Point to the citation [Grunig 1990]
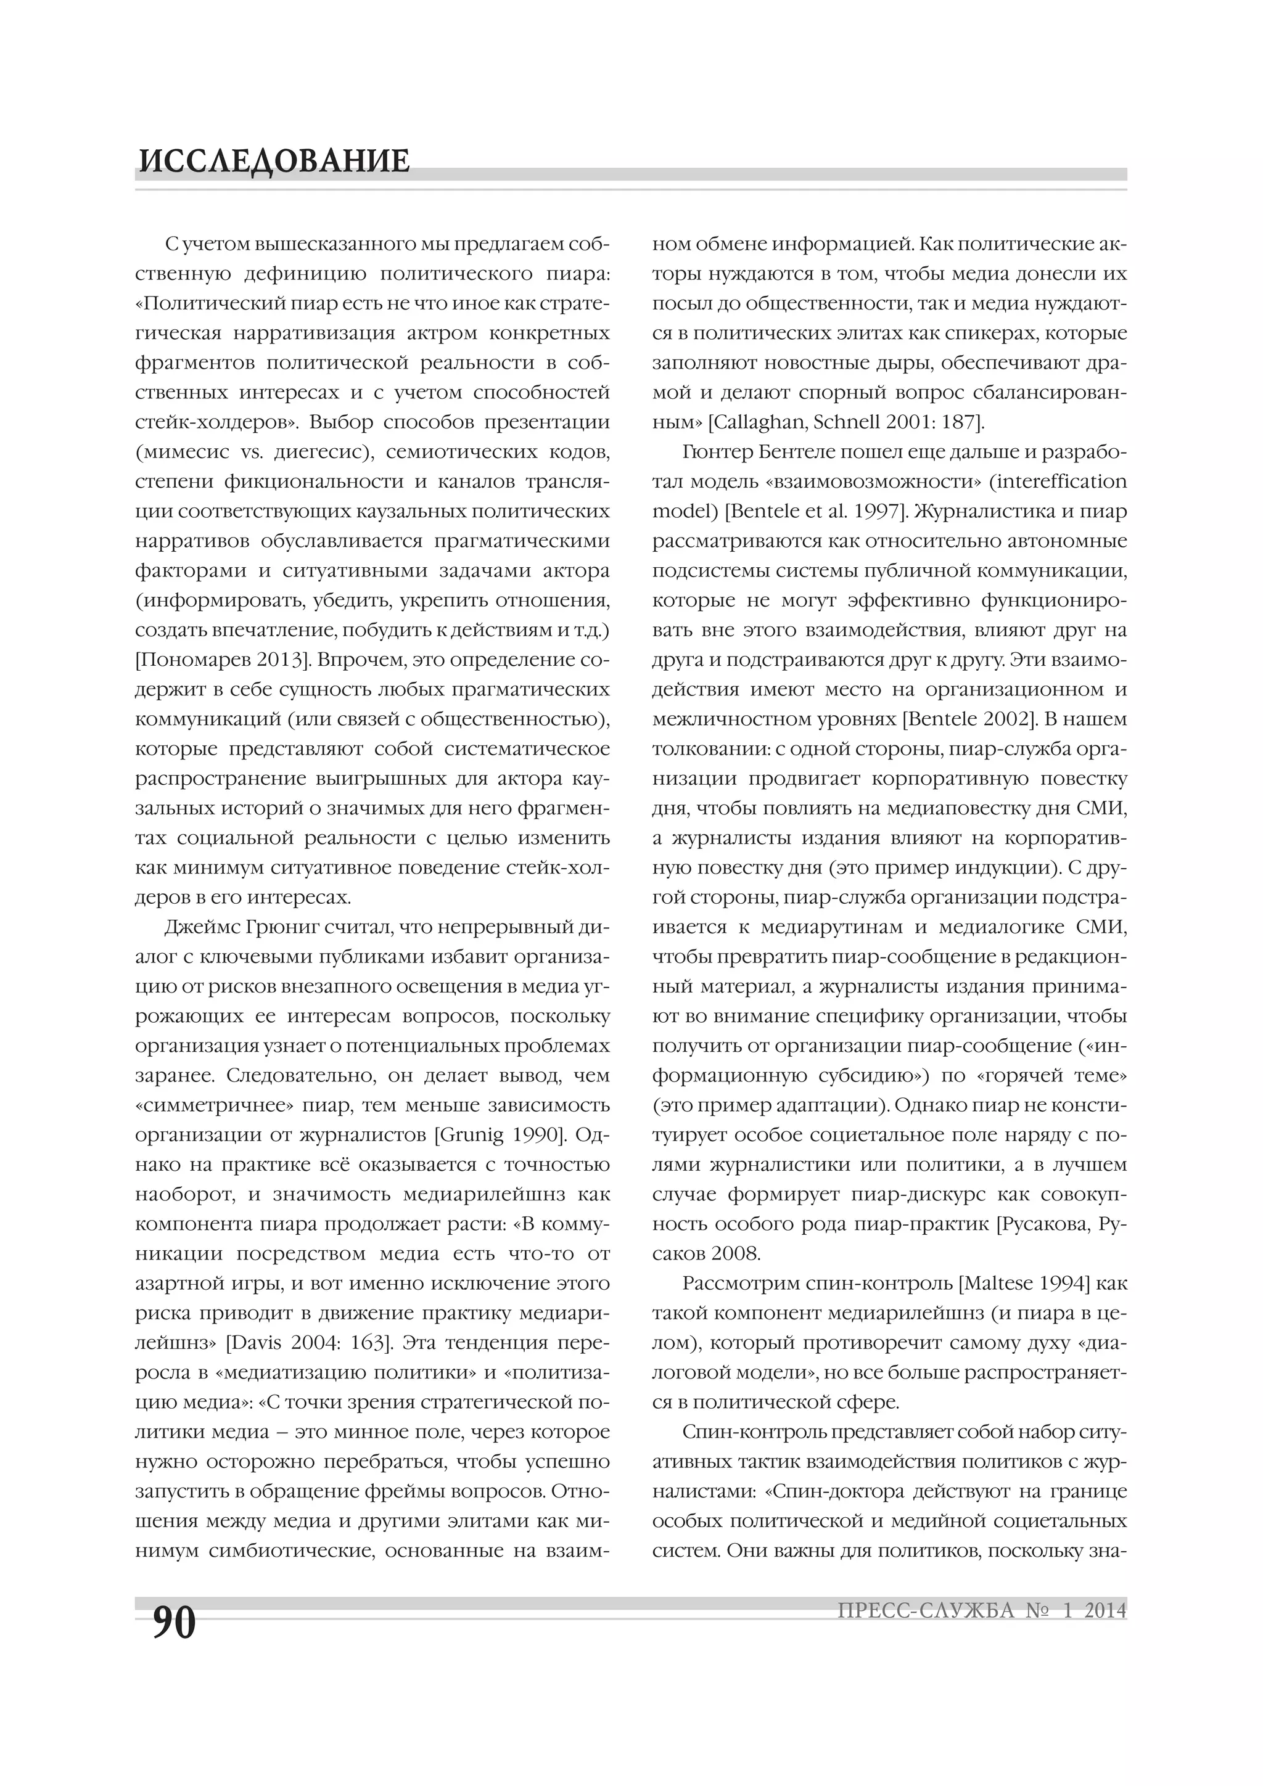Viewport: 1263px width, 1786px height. point(499,1135)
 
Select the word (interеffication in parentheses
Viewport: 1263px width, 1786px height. point(1058,481)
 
